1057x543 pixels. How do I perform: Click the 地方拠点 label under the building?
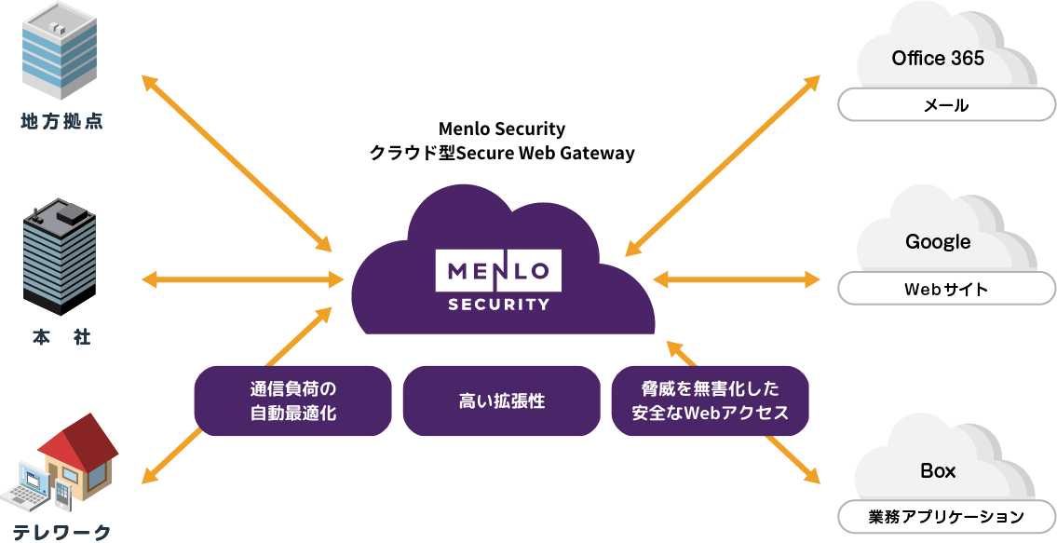pos(61,121)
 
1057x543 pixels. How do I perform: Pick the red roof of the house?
pos(78,442)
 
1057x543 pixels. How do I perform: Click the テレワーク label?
pos(61,533)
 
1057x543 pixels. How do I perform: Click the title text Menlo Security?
pos(501,129)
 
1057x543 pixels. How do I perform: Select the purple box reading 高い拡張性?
pos(501,401)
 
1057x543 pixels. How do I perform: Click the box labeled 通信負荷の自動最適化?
pos(292,401)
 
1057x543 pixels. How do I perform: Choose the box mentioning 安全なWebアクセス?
pos(710,401)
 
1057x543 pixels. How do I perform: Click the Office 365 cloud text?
pos(937,58)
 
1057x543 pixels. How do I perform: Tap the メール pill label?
pos(945,105)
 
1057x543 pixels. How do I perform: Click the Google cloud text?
pos(937,242)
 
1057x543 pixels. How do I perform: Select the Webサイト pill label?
pos(945,290)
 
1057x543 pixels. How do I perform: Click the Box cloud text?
pos(937,471)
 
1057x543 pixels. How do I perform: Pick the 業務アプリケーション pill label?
pos(945,517)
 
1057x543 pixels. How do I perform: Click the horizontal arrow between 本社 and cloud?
pos(240,278)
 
